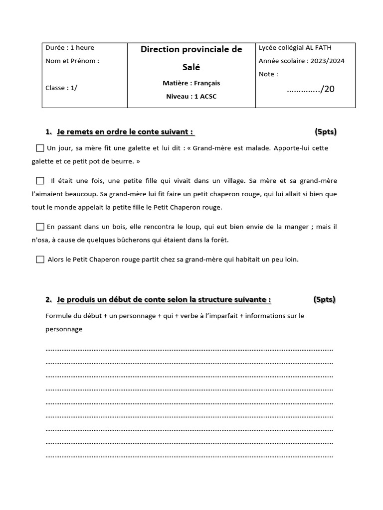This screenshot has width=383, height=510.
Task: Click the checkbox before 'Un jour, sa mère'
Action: coord(40,148)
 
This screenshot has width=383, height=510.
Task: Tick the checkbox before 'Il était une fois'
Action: coord(40,180)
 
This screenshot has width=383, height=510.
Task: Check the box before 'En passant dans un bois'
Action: coord(40,227)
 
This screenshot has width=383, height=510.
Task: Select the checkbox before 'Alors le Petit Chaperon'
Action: coord(40,259)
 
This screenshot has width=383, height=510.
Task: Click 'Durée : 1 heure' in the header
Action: coord(70,48)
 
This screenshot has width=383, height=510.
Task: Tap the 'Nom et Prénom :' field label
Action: coord(72,61)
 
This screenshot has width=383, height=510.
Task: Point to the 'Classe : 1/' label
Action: coord(61,88)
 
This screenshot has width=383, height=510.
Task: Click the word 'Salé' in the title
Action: coord(191,67)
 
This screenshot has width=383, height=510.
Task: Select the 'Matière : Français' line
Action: coord(191,83)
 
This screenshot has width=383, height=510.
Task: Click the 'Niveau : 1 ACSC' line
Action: coord(191,96)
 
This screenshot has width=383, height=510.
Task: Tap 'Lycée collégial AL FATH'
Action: coord(295,48)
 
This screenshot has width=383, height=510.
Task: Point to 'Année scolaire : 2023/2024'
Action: coord(301,61)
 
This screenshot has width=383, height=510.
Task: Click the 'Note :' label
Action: coord(268,74)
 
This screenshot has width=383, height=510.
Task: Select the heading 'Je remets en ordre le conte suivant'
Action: coord(125,132)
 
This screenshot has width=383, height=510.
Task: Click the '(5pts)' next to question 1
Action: coord(326,132)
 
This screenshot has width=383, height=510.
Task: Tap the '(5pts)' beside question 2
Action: coord(325,299)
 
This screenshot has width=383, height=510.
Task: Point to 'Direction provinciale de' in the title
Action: coord(191,49)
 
